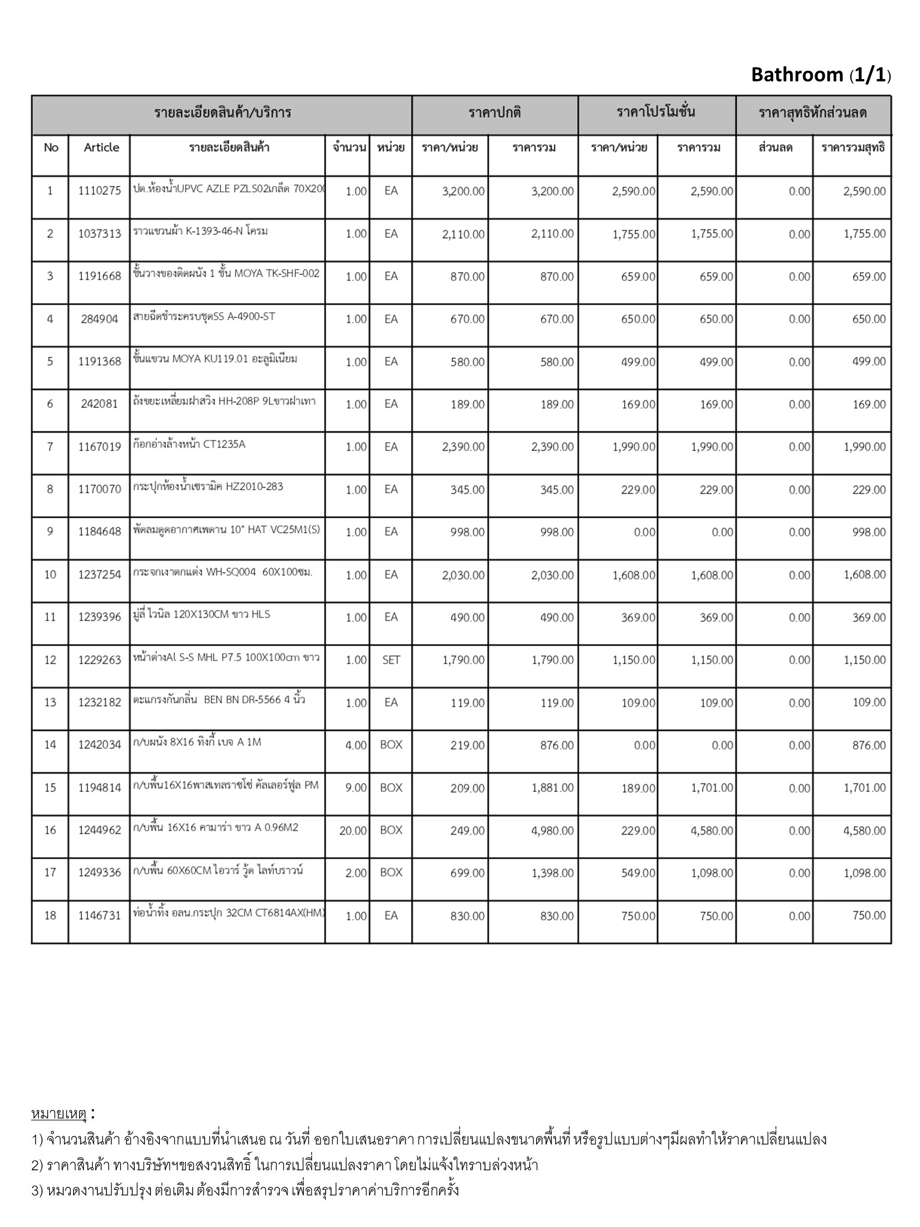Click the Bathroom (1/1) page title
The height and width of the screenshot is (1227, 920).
821,75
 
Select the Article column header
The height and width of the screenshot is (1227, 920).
101,147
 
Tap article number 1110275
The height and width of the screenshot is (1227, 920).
99,191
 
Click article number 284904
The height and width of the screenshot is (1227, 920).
99,319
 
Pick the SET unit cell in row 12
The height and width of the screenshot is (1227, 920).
391,660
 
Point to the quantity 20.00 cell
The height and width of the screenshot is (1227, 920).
353,830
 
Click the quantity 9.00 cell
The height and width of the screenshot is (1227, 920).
356,788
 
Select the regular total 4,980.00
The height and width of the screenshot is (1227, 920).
552,830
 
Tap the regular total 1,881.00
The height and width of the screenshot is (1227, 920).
552,788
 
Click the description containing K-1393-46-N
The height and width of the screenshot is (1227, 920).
200,231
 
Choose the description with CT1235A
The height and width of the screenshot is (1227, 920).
189,444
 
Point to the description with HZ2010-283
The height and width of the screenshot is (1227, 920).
208,486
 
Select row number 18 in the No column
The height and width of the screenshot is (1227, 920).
50,915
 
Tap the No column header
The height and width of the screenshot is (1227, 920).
51,147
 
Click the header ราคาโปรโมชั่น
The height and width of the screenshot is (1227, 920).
656,112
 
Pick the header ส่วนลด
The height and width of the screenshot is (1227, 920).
775,147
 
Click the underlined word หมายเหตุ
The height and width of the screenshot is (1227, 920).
59,1114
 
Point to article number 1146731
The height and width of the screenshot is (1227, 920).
99,915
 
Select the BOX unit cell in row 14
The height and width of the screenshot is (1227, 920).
391,745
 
